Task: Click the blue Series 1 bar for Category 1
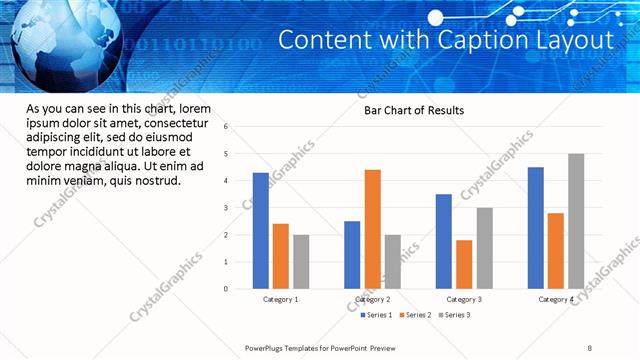pyautogui.click(x=260, y=231)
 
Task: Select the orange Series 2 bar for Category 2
pyautogui.click(x=372, y=229)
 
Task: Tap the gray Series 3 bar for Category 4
pyautogui.click(x=576, y=221)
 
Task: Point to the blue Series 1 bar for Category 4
pyautogui.click(x=536, y=228)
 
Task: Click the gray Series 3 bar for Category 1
pyautogui.click(x=301, y=262)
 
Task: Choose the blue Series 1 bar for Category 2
pyautogui.click(x=352, y=255)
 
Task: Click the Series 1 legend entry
pyautogui.click(x=376, y=315)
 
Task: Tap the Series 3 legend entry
pyautogui.click(x=454, y=315)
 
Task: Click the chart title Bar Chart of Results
pyautogui.click(x=414, y=110)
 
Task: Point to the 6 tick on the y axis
pyautogui.click(x=227, y=127)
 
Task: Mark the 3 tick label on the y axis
pyautogui.click(x=227, y=208)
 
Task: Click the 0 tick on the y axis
pyautogui.click(x=227, y=289)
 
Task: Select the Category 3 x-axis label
pyautogui.click(x=464, y=300)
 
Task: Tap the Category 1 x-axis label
pyautogui.click(x=281, y=300)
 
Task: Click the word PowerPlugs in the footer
pyautogui.click(x=266, y=348)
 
